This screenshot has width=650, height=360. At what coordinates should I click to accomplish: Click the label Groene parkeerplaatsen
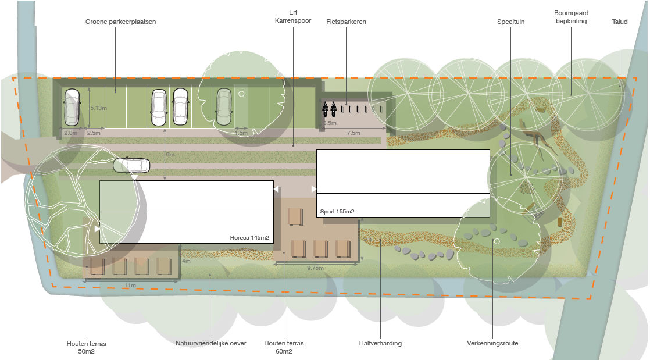tap(120, 22)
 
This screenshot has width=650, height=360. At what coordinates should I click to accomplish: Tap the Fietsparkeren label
tap(346, 22)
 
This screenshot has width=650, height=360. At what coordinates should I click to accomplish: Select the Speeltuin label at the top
tap(510, 22)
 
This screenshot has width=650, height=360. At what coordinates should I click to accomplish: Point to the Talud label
tap(619, 22)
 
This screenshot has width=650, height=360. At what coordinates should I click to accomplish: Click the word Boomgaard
tap(570, 12)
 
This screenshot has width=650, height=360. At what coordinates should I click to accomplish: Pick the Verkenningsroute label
tap(492, 343)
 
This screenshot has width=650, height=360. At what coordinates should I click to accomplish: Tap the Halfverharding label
tap(380, 343)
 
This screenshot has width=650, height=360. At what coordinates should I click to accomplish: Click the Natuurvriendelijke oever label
tap(211, 343)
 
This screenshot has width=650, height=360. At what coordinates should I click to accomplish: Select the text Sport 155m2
tap(337, 211)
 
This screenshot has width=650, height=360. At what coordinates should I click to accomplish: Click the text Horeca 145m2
tap(250, 237)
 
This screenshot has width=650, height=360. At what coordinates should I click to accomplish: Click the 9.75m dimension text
tap(315, 268)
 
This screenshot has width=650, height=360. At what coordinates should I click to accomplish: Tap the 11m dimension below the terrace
tap(130, 286)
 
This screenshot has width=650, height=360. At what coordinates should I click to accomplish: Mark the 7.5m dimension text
tap(353, 133)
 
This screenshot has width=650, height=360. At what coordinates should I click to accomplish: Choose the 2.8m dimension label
tap(70, 133)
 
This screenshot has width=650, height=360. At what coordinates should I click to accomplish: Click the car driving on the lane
tap(131, 166)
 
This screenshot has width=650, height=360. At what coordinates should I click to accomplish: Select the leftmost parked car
tap(72, 107)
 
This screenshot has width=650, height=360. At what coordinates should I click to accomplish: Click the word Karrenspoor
tap(292, 21)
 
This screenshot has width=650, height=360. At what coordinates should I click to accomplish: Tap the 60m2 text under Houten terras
tap(283, 351)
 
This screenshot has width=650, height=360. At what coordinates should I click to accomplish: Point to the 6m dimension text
tap(170, 155)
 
